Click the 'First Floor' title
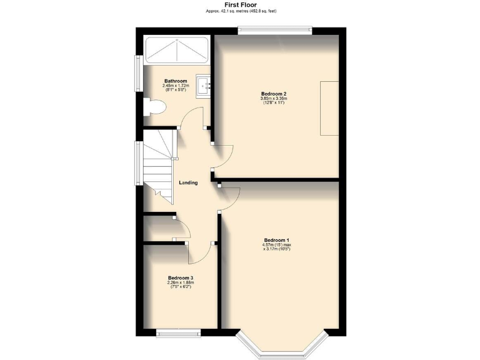click(x=241, y=5)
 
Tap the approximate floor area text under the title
click(x=241, y=11)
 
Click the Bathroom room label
click(x=176, y=81)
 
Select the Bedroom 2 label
click(x=273, y=93)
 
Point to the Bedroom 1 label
click(x=276, y=240)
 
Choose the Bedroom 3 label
click(x=180, y=277)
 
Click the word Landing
click(x=188, y=182)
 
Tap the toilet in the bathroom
click(x=154, y=108)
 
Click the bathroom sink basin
click(x=204, y=86)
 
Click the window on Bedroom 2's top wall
click(x=274, y=27)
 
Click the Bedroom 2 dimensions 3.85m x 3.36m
click(x=273, y=100)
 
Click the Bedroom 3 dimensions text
click(x=180, y=284)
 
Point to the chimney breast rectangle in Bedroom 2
click(x=329, y=107)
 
